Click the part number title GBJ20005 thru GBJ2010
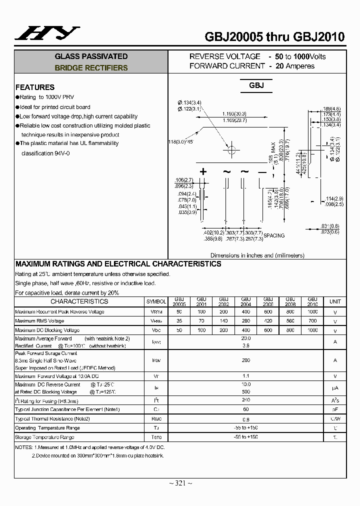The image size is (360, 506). coord(274,36)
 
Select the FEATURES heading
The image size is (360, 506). coord(35,87)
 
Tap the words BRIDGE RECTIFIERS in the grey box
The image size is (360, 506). coord(91,68)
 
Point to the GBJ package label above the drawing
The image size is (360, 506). coord(256,85)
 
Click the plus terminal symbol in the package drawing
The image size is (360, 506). coord(203,171)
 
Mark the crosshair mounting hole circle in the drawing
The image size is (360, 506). coord(231,148)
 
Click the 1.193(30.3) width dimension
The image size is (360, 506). coord(234,114)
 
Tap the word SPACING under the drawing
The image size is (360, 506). coord(273,235)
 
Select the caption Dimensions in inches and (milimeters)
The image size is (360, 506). coord(257,255)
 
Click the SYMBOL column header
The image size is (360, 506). coord(156,302)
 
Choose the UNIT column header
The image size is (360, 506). coord(335,301)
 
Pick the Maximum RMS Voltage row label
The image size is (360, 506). coord(39,321)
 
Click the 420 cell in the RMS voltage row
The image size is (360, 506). coord(268,321)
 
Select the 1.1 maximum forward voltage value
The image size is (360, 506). coord(245,376)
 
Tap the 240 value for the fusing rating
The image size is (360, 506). coord(245,400)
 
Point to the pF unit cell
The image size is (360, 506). coord(335,409)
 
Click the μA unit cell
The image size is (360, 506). coord(335,388)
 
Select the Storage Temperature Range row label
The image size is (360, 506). coord(44,437)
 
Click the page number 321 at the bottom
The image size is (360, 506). coord(180,482)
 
